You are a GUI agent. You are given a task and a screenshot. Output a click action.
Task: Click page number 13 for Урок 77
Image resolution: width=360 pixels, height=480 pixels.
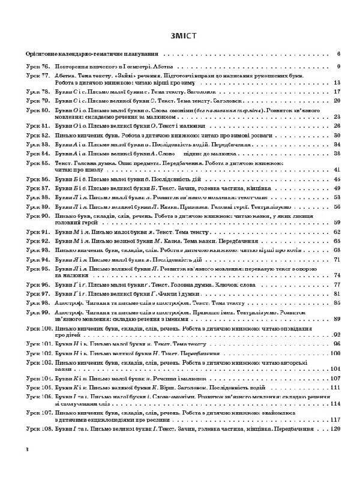click(x=337, y=83)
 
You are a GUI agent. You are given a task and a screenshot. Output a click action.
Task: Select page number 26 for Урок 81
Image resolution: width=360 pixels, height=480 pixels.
click(x=337, y=127)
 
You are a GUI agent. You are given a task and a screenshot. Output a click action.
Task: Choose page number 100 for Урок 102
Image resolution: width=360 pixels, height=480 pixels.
click(x=335, y=354)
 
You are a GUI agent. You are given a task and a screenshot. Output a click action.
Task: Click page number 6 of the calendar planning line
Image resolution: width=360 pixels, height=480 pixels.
click(x=338, y=54)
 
